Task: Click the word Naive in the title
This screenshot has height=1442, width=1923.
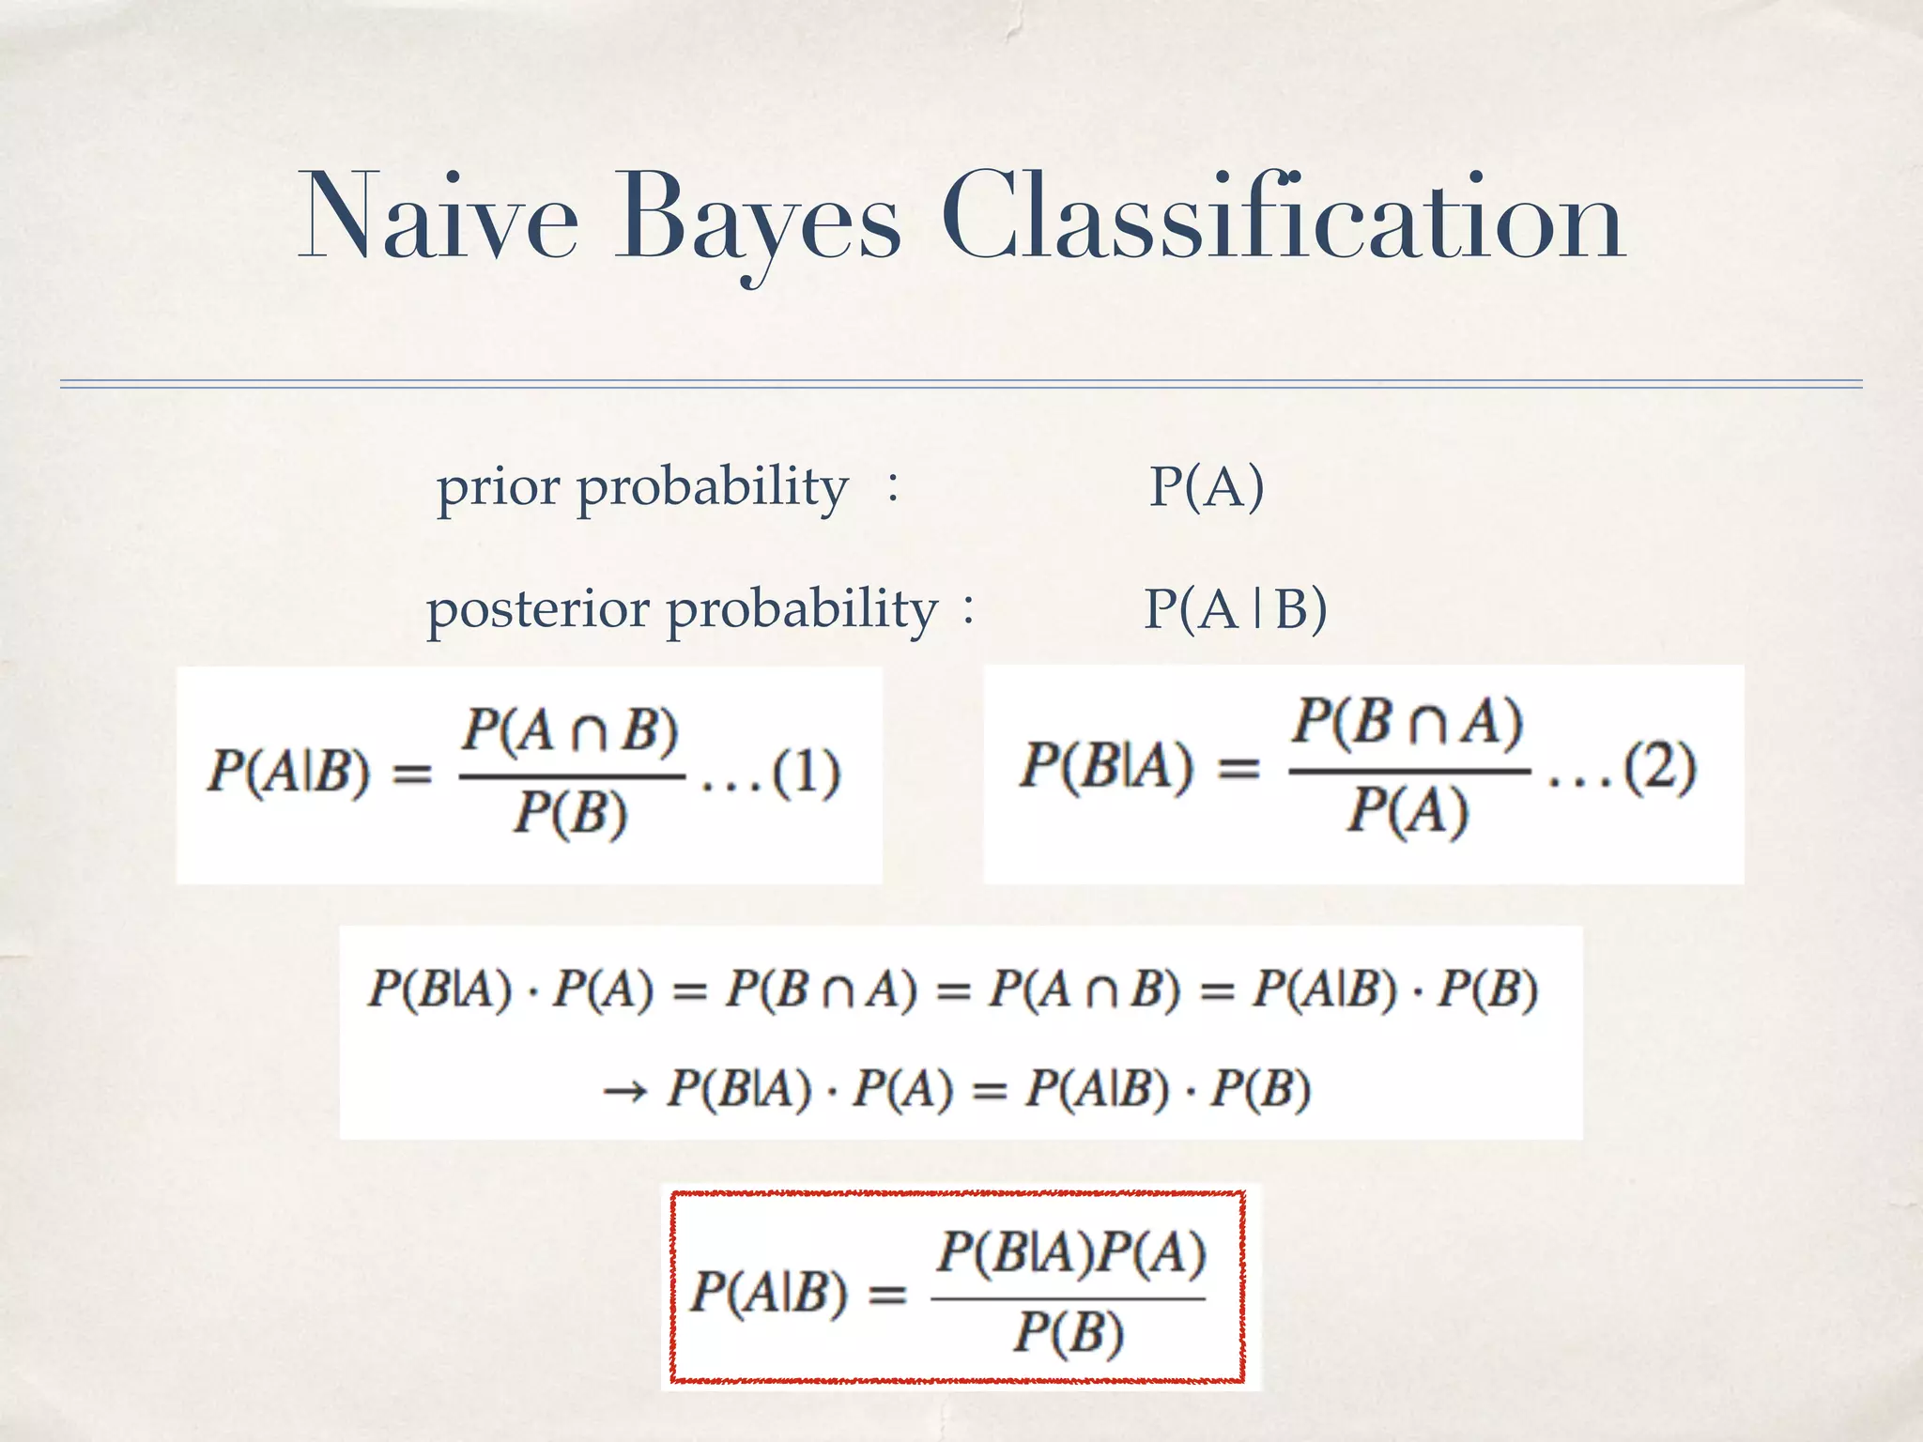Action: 438,218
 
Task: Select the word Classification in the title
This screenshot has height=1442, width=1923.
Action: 1283,218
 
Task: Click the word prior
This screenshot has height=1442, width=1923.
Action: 498,488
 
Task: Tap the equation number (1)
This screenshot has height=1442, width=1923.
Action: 806,774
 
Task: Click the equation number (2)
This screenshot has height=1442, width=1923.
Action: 1660,768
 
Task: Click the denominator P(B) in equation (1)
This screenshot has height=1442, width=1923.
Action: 570,812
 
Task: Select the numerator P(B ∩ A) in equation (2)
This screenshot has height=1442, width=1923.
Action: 1408,723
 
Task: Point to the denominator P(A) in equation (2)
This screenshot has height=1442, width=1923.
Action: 1408,809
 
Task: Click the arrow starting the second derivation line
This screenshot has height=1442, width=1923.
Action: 624,1091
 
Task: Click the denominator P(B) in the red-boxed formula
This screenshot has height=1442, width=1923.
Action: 1069,1332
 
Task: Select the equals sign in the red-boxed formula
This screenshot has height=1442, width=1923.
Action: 886,1296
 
